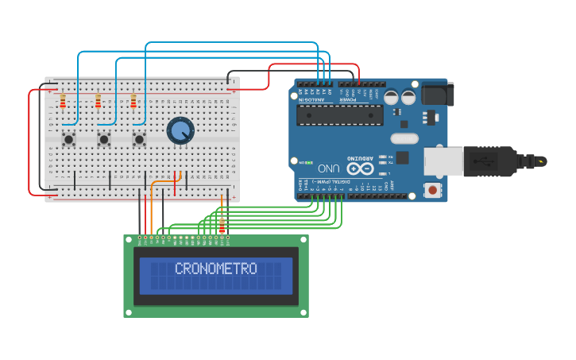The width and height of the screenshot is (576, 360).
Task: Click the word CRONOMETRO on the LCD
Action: tap(215, 269)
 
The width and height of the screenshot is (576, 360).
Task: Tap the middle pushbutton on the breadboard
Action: tap(104, 139)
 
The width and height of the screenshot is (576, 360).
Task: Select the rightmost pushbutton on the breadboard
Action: tap(139, 139)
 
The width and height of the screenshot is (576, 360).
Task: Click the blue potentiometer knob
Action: tap(180, 130)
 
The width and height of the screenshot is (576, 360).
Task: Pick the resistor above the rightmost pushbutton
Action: tap(133, 101)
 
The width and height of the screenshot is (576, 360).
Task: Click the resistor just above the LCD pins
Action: tap(222, 226)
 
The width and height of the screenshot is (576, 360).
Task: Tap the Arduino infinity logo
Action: tap(359, 168)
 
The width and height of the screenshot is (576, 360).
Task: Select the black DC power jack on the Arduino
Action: tap(438, 94)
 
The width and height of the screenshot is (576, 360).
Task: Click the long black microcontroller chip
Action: tap(339, 115)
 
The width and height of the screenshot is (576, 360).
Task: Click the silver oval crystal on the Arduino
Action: tap(404, 138)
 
